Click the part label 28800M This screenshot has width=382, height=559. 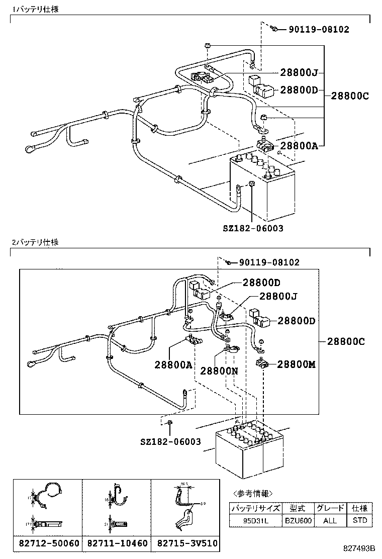click(x=297, y=364)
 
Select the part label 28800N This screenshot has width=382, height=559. click(x=219, y=370)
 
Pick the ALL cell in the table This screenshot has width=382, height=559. click(x=330, y=521)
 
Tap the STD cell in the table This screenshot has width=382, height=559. click(x=360, y=521)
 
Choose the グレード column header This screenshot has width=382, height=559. click(x=330, y=508)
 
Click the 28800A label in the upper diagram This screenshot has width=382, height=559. click(x=299, y=146)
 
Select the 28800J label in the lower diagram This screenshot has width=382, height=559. click(x=278, y=297)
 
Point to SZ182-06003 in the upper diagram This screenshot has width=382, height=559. click(x=253, y=228)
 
